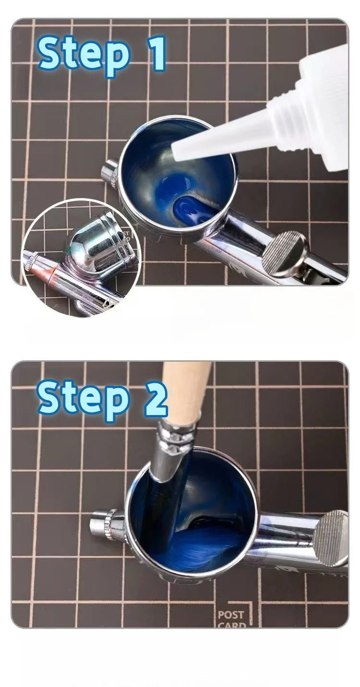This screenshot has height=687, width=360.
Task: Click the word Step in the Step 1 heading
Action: (84, 54)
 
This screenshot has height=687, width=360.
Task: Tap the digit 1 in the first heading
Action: (156, 53)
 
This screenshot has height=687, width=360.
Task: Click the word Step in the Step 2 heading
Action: (84, 397)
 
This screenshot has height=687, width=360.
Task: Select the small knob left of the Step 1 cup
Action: (110, 172)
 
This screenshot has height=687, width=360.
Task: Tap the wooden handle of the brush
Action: (185, 389)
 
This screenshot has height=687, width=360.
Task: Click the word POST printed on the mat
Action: (231, 615)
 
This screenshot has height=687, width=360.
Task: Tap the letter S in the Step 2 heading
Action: (51, 397)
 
